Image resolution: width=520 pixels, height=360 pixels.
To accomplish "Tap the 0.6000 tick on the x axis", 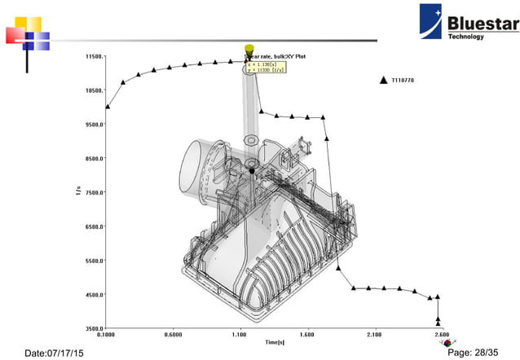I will pyautogui.click(x=173, y=335).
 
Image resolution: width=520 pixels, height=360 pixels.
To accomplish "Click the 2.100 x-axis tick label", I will pyautogui.click(x=374, y=335).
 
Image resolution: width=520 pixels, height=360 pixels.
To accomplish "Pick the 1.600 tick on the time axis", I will pyautogui.click(x=306, y=335).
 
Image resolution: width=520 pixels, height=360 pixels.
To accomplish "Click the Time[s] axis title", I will pyautogui.click(x=273, y=342).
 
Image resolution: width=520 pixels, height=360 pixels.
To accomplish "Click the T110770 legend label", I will pyautogui.click(x=403, y=80).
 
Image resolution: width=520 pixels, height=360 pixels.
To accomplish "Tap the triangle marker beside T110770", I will pyautogui.click(x=382, y=80).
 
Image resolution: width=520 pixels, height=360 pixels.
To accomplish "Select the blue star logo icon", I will pyautogui.click(x=432, y=20).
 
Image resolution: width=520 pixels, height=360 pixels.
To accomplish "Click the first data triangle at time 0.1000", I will pyautogui.click(x=108, y=106).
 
